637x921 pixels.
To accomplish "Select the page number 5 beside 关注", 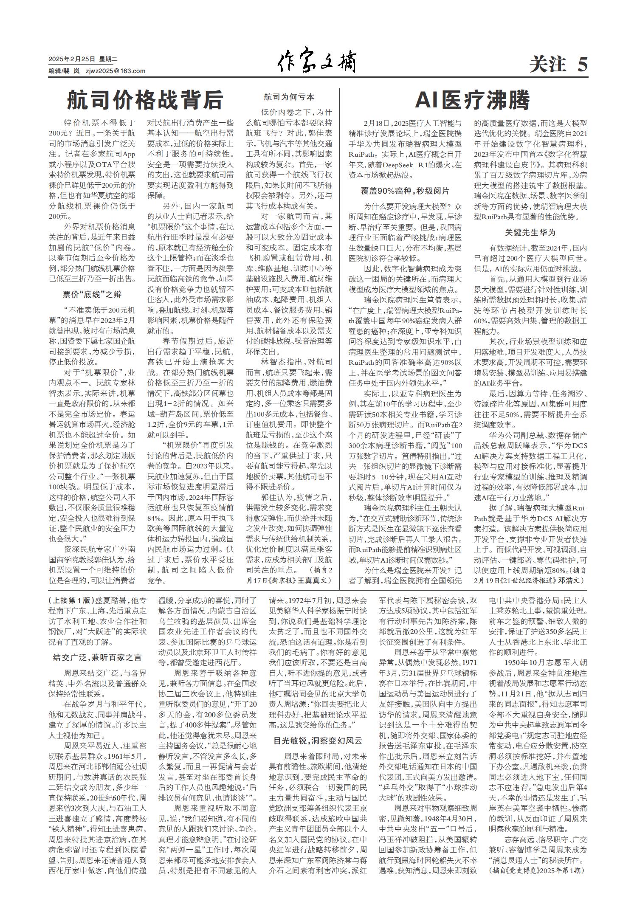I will click(581, 65).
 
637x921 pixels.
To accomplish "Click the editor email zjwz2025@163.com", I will click(115, 71).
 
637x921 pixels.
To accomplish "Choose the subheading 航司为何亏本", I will click(289, 97).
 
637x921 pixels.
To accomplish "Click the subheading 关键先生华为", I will click(530, 232).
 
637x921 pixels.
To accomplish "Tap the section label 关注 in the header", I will click(548, 65).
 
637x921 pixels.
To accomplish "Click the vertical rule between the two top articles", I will click(340, 340).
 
